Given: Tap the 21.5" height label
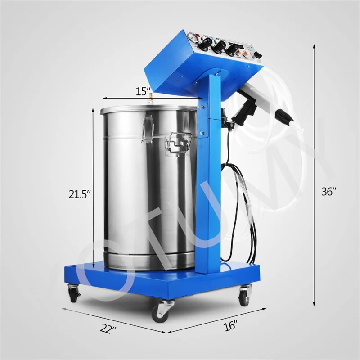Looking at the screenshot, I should (80, 194).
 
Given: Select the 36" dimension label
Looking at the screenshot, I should (329, 191).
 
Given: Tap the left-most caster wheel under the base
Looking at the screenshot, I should (73, 294).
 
